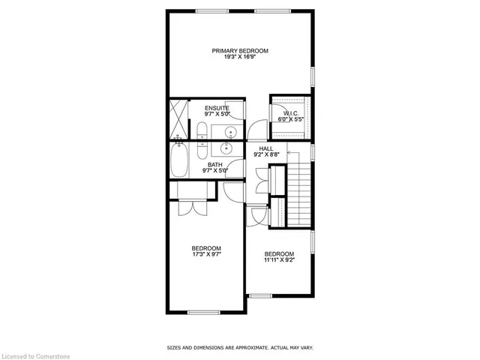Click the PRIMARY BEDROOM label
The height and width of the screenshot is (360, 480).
pyautogui.click(x=239, y=51)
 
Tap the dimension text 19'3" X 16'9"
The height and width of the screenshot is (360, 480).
pyautogui.click(x=239, y=58)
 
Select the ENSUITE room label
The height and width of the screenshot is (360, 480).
pyautogui.click(x=217, y=109)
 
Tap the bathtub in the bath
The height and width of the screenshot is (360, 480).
pyautogui.click(x=181, y=160)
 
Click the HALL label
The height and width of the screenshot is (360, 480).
pyautogui.click(x=265, y=149)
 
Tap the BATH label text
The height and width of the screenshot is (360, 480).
pyautogui.click(x=215, y=164)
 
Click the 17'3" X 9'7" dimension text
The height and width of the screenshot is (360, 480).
pyautogui.click(x=205, y=255)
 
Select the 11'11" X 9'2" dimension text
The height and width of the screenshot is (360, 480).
pyautogui.click(x=279, y=261)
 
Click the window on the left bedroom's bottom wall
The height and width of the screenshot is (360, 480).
pyautogui.click(x=202, y=313)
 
